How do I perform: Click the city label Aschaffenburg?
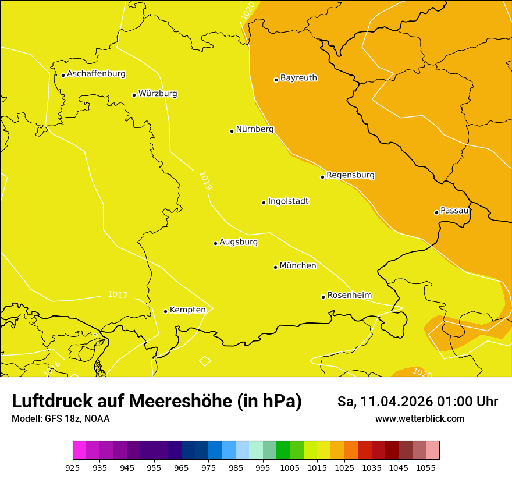(96, 74)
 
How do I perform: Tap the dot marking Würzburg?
(134, 95)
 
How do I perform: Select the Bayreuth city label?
(298, 77)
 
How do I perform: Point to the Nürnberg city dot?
(232, 131)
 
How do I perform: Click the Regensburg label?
(350, 175)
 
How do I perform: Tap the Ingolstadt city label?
(288, 201)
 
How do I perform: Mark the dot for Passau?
(436, 212)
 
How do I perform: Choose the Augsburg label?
(239, 241)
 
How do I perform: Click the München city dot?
(275, 267)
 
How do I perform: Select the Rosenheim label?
(349, 295)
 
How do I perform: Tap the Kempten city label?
(187, 310)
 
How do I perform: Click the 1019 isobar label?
(205, 181)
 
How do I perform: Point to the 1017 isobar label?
(118, 295)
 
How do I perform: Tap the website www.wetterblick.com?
(419, 418)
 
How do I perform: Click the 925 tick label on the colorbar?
(73, 467)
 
